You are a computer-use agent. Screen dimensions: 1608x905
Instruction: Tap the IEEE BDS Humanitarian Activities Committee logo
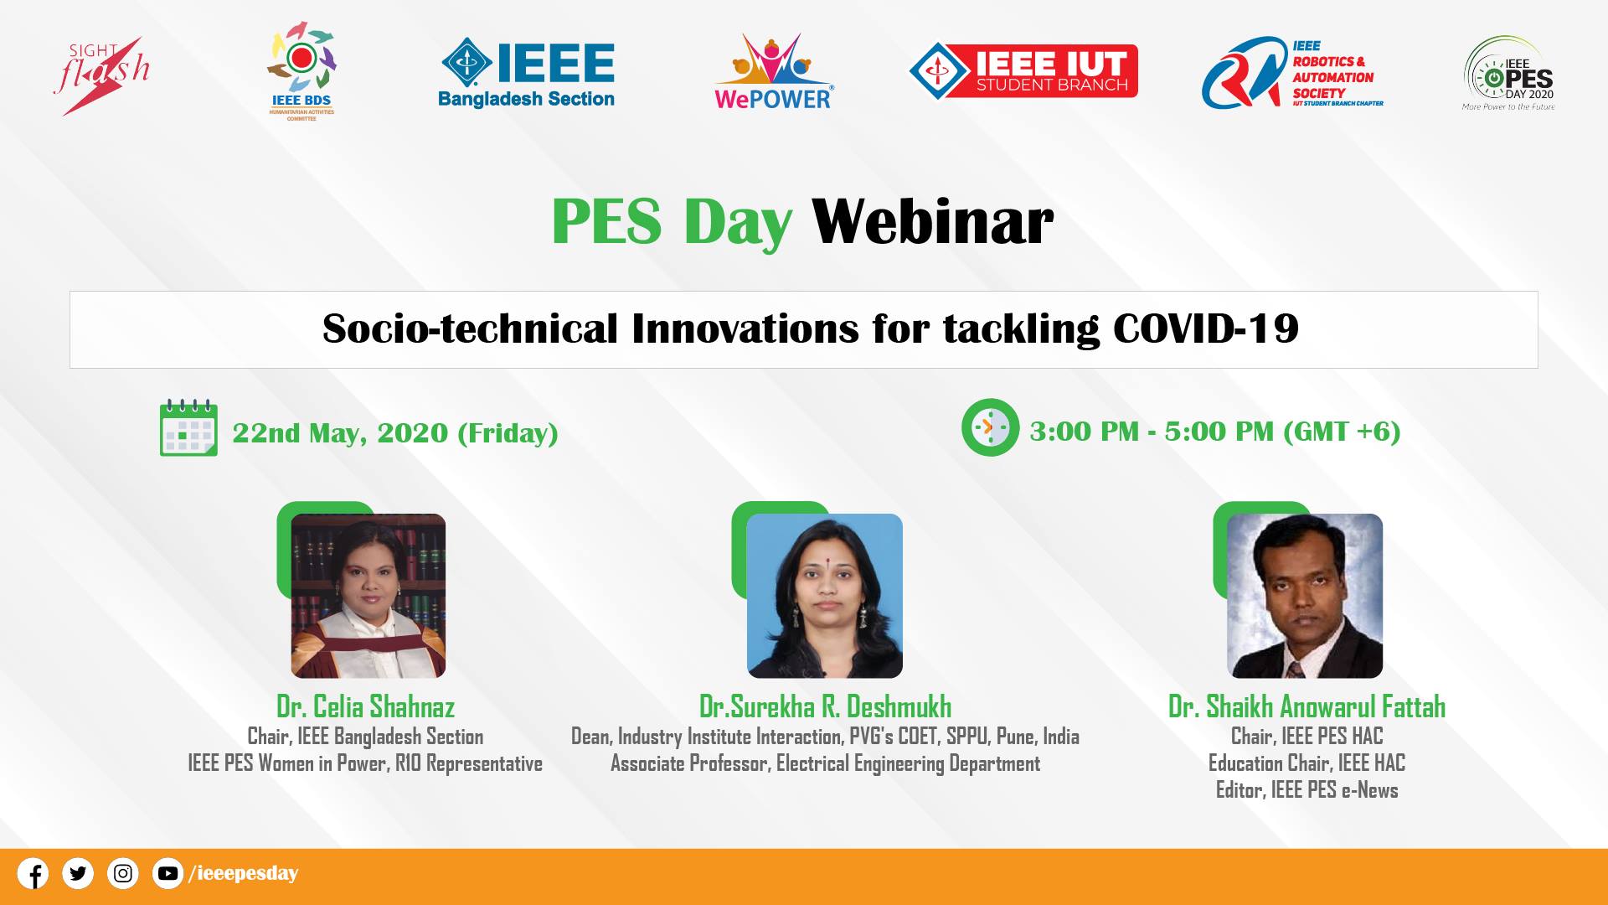[301, 74]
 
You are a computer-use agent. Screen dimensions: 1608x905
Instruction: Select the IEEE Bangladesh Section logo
[527, 74]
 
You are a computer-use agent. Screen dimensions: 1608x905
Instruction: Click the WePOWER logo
[773, 72]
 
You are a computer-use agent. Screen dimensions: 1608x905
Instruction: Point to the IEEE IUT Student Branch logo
[1023, 70]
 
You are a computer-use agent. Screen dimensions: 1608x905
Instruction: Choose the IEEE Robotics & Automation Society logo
[1292, 73]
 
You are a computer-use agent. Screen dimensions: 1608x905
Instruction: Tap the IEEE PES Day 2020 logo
[1508, 74]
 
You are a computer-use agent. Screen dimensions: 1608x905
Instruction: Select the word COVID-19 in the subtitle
[1206, 328]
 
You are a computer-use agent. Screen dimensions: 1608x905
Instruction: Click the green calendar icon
[188, 427]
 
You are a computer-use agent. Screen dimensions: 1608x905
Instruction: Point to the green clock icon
[990, 427]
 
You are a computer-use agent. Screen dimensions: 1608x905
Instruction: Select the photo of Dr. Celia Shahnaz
[368, 596]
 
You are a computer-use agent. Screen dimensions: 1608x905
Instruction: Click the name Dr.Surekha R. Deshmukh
[825, 706]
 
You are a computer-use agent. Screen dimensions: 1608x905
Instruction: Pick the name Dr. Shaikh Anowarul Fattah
[1306, 706]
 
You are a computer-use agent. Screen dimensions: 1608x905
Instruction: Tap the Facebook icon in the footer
[33, 873]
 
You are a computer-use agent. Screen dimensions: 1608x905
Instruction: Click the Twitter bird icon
[78, 873]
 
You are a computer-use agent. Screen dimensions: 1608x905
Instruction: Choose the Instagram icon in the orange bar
[123, 873]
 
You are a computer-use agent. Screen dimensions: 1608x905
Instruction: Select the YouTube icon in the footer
[167, 873]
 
